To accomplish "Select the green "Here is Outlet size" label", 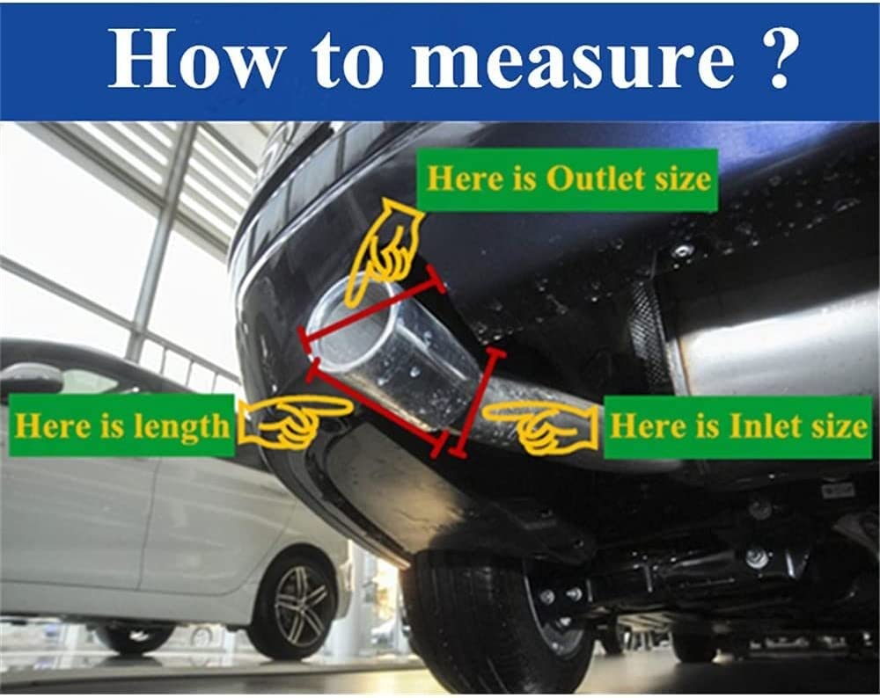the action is click(568, 180).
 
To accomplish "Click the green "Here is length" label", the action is click(121, 425).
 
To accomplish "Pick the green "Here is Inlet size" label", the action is click(737, 426).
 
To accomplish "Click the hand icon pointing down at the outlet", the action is click(387, 247).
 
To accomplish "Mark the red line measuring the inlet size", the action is click(476, 402).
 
